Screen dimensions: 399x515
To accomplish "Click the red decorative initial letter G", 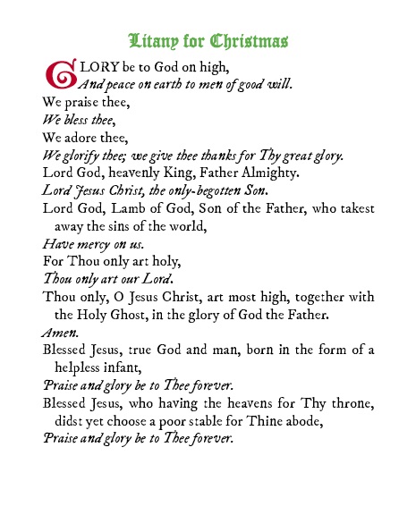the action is [x=56, y=75].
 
